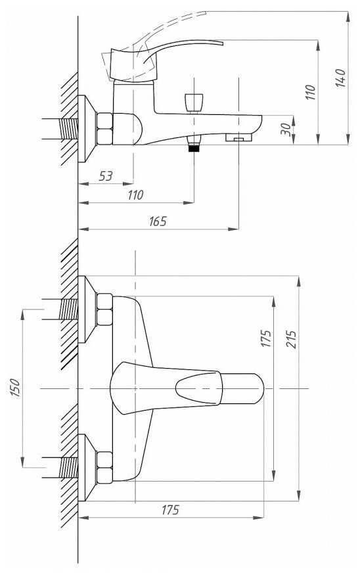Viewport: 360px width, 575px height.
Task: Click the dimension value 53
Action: (106, 176)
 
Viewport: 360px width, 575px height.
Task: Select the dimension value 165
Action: (158, 221)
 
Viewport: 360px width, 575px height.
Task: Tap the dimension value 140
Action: (340, 78)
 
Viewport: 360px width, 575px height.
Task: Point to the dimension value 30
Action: (286, 129)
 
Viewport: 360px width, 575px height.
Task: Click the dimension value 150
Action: (15, 388)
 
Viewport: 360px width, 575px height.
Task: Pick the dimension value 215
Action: (291, 339)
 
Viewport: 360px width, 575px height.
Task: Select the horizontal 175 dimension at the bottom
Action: (170, 510)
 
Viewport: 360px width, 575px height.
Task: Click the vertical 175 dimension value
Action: (266, 338)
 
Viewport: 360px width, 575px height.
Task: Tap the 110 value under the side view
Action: (135, 195)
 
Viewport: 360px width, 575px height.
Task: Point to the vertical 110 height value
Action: (310, 92)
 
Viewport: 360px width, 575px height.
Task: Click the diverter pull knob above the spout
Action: (194, 103)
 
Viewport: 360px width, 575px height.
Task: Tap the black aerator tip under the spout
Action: (194, 148)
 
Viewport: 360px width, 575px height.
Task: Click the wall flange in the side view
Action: (87, 129)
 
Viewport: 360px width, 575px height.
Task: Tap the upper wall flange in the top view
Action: (87, 309)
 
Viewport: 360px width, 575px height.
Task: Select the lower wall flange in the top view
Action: (87, 467)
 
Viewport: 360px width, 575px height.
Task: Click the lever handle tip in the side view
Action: (221, 43)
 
